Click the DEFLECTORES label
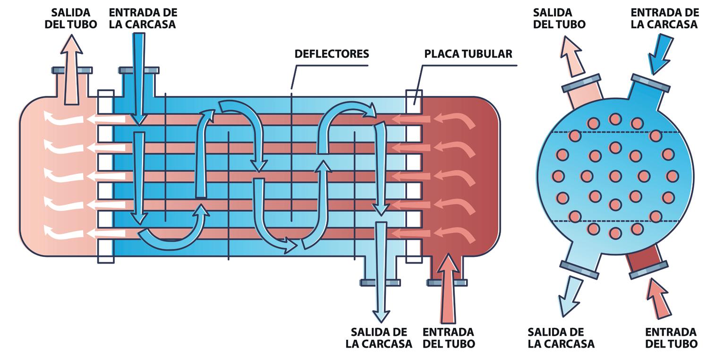pos(332,54)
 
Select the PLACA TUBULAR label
pos(468,54)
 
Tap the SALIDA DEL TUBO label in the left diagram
pos(71,18)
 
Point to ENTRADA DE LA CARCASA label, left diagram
pos(143,18)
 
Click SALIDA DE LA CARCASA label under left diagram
pos(379,338)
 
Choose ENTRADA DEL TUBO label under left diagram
pos(448,338)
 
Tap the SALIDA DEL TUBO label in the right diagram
pos(559,18)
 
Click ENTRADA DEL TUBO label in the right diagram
pos(671,338)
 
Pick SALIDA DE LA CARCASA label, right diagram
pos(561,338)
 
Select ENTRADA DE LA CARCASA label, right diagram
pos(664,18)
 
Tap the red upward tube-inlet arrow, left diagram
pos(447,288)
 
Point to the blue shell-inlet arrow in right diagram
pos(661,55)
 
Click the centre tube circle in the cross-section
pos(615,176)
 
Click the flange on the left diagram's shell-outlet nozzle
pos(380,283)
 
